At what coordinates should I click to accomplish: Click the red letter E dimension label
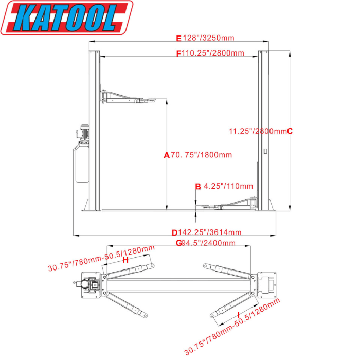[x=179, y=38]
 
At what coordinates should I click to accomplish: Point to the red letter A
[x=166, y=155]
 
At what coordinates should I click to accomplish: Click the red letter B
[x=197, y=186]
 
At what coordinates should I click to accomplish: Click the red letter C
[x=290, y=131]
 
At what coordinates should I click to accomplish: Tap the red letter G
[x=178, y=243]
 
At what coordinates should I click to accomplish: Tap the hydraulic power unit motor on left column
[x=83, y=132]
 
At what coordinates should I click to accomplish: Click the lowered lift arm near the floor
[x=231, y=205]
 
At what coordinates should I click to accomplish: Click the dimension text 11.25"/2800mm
[x=257, y=131]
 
